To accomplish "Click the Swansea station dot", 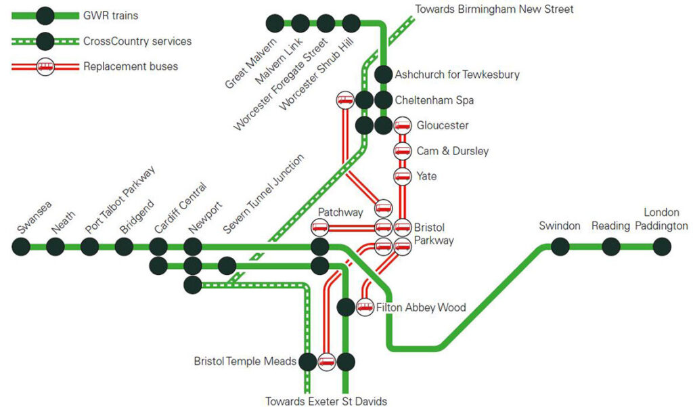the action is [21, 247].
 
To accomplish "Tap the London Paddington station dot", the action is [662, 247].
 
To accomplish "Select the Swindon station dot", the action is [560, 247].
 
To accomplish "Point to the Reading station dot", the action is [611, 247].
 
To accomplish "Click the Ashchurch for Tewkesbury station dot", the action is [383, 74].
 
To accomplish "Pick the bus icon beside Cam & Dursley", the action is [402, 151].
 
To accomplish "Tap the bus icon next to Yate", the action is [402, 177].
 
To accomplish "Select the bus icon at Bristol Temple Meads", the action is [327, 362].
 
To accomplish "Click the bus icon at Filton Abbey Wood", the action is [365, 307].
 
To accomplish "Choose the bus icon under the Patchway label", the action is [319, 228].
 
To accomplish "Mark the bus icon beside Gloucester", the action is [402, 126].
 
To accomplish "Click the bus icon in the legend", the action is [45, 66].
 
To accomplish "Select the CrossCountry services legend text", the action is [137, 41].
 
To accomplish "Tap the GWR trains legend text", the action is [110, 16].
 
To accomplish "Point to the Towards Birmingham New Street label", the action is [494, 9].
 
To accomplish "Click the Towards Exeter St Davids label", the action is [326, 401].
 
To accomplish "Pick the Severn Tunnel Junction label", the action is [263, 194].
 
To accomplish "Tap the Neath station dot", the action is [55, 247].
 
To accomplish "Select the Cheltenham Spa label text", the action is [434, 100].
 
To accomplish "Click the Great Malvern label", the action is [250, 63].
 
